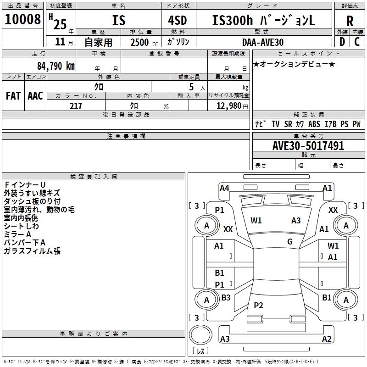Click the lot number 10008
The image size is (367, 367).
tap(22, 20)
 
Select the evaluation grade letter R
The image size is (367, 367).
tap(350, 21)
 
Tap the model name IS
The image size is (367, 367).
tap(118, 20)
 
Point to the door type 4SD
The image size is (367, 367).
tap(178, 20)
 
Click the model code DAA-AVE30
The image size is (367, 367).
tap(263, 42)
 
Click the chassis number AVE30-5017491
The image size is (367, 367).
tap(308, 146)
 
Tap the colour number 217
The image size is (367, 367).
tap(76, 106)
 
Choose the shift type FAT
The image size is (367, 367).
tap(13, 95)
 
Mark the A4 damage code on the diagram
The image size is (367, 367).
tap(224, 188)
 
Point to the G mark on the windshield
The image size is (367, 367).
tap(290, 242)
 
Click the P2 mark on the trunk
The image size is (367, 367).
tap(258, 306)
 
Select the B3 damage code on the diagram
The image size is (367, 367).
tap(226, 298)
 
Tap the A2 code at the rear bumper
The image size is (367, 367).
tap(327, 339)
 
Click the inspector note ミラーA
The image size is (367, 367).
tap(19, 234)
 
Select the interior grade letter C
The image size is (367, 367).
tap(357, 42)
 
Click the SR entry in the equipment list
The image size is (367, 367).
tap(288, 124)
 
